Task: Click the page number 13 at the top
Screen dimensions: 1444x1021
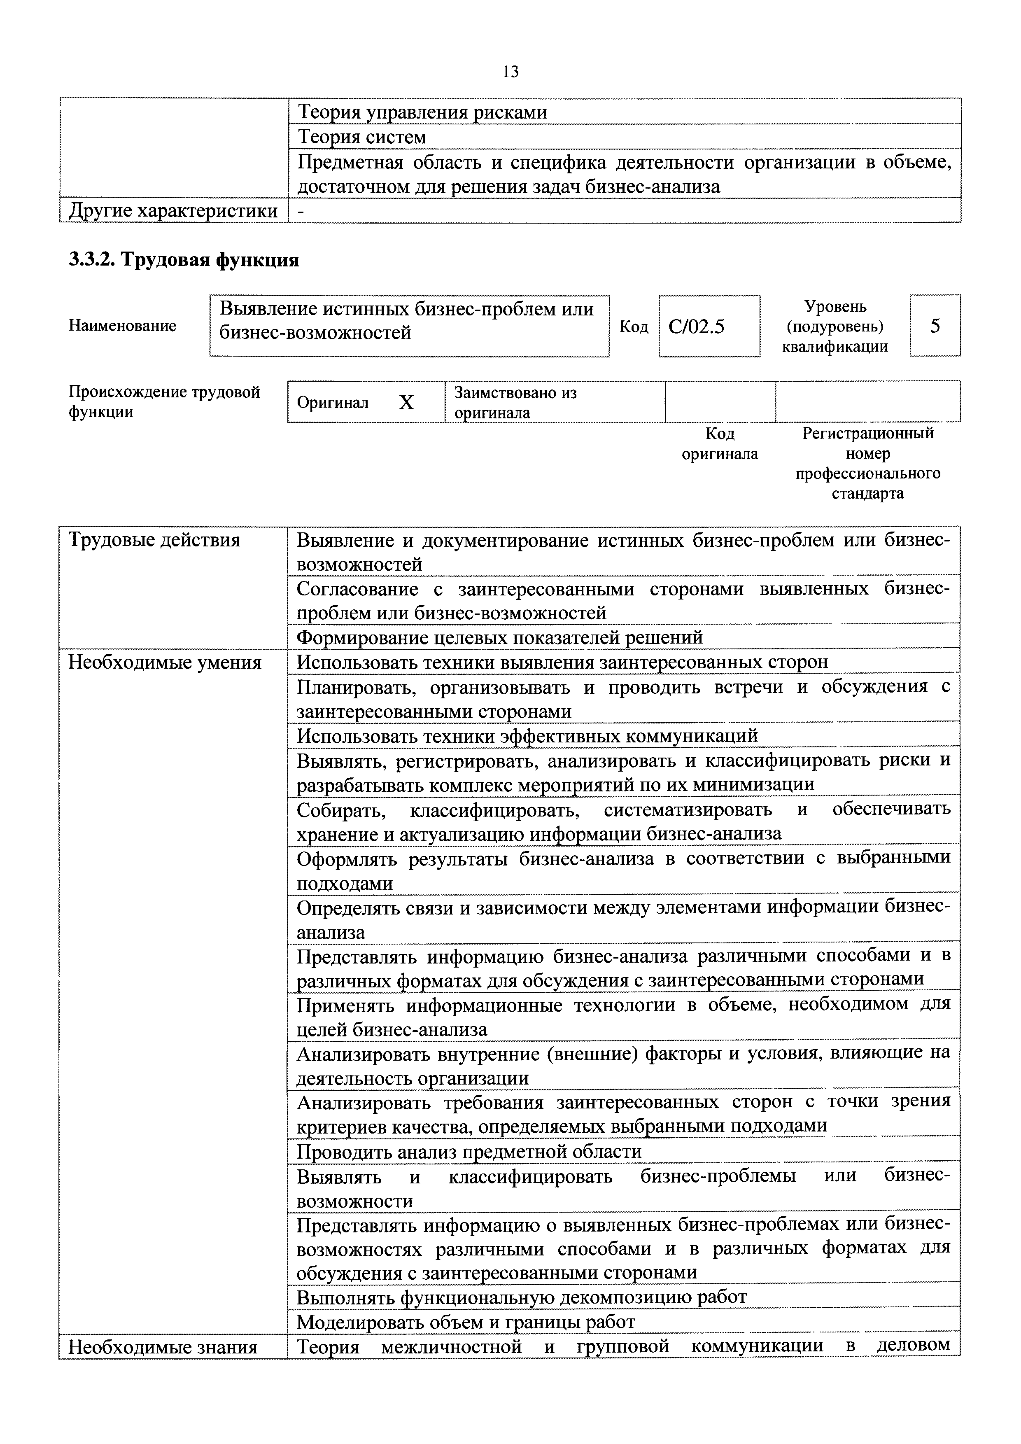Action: (x=510, y=72)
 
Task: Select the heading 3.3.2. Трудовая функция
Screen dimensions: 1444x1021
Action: (x=184, y=259)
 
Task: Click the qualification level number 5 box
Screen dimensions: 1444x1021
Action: (x=935, y=326)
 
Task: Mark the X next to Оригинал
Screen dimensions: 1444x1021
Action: (x=407, y=403)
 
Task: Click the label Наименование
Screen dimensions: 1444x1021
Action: (x=123, y=326)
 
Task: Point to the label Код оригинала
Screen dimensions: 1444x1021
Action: (x=720, y=443)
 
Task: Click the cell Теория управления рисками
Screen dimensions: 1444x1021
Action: (x=422, y=112)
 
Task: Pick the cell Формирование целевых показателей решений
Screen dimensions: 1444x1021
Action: (x=499, y=638)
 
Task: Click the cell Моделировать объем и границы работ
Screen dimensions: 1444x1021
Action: (x=466, y=1322)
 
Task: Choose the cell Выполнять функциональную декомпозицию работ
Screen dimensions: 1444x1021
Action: (x=521, y=1297)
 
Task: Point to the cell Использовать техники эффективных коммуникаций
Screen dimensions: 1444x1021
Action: (x=527, y=736)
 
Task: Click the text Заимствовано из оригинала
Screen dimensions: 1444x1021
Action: (x=515, y=403)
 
